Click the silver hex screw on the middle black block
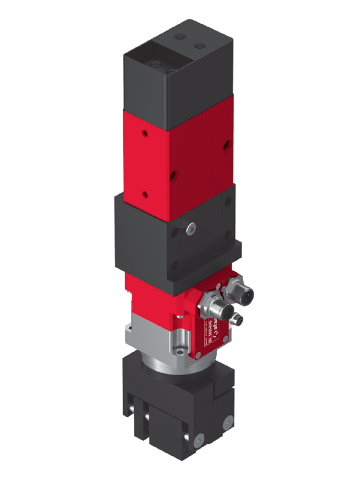(191, 228)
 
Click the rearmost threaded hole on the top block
(179, 36)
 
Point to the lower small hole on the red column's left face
(145, 195)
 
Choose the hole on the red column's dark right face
(227, 145)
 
